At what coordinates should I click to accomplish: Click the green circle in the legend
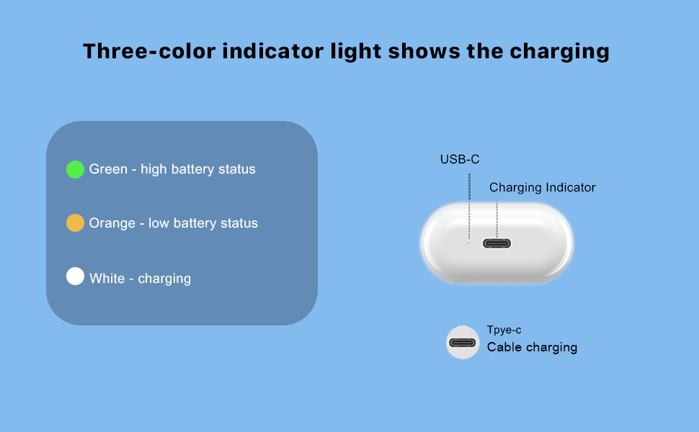tap(76, 170)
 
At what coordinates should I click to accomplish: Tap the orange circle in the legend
tap(76, 222)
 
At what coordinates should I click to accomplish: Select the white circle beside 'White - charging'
tap(76, 276)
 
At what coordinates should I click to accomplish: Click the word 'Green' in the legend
tap(108, 169)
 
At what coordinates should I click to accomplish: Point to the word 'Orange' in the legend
tap(112, 222)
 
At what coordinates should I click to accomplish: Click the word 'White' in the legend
tap(107, 279)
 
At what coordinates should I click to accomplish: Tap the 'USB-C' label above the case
tap(460, 159)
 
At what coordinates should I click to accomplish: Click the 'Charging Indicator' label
tap(542, 187)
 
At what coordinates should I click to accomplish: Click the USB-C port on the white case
tap(497, 243)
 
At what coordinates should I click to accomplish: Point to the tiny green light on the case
tap(468, 243)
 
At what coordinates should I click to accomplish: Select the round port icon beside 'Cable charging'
tap(463, 343)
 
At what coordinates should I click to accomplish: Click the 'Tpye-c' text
tap(504, 330)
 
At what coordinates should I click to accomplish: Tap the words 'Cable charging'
tap(532, 347)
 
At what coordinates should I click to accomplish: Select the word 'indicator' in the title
tap(273, 51)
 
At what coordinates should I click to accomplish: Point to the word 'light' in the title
tap(356, 52)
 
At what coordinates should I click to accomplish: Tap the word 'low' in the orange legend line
tap(159, 222)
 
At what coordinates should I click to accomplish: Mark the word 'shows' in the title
tap(424, 51)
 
